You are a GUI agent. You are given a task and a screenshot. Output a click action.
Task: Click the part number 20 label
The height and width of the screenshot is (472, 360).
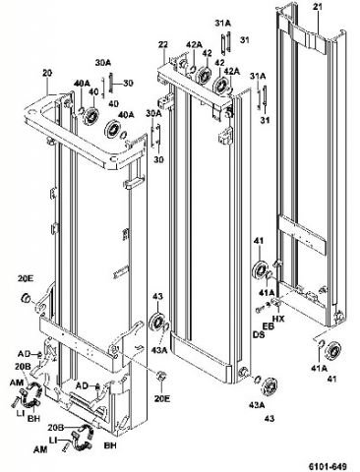tap(46, 73)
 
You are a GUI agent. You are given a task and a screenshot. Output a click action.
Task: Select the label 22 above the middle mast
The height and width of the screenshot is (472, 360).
tap(162, 44)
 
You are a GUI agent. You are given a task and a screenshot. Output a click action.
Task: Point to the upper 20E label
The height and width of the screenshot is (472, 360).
tap(25, 279)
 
